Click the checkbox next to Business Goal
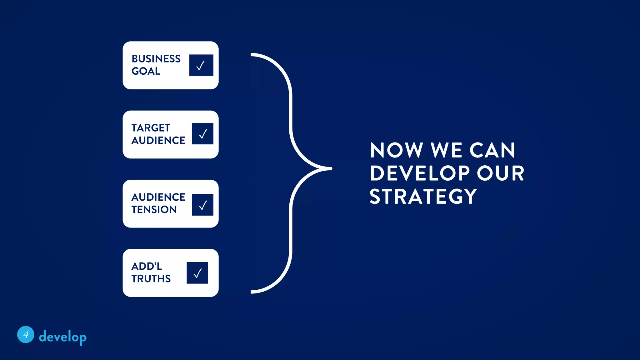(x=201, y=65)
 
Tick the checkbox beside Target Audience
(x=202, y=134)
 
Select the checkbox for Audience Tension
(x=202, y=205)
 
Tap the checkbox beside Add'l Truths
(x=197, y=273)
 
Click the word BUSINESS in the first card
(x=156, y=59)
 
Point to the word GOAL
(x=146, y=71)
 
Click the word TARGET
(x=151, y=128)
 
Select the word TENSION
(x=154, y=209)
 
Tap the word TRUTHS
(x=151, y=278)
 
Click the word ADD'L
(x=147, y=266)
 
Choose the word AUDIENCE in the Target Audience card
(x=158, y=140)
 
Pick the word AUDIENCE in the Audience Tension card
(x=158, y=197)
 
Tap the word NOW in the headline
(x=396, y=150)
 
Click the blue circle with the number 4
(x=26, y=334)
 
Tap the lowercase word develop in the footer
(x=62, y=337)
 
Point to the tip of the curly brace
(x=331, y=168)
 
